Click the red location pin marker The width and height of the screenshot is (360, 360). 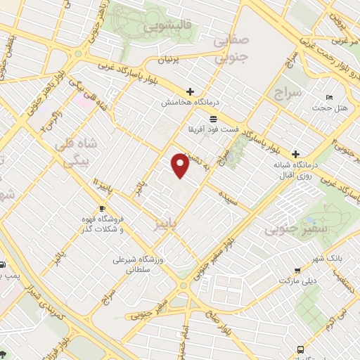point(181,165)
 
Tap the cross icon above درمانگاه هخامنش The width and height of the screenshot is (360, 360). point(189,91)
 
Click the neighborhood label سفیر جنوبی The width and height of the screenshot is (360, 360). point(289,229)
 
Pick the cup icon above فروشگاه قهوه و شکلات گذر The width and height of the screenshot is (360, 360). point(102,209)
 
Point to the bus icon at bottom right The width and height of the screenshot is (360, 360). point(302,349)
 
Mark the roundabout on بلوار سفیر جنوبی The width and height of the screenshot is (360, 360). point(184,285)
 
